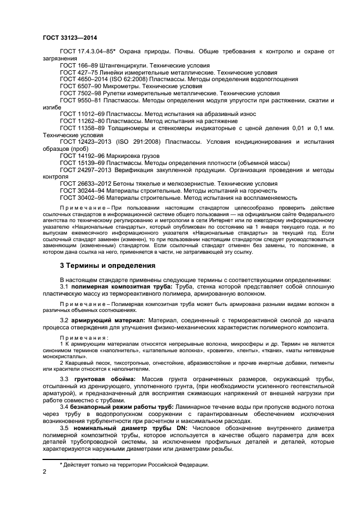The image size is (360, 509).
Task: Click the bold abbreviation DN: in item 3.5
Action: click(163, 427)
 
